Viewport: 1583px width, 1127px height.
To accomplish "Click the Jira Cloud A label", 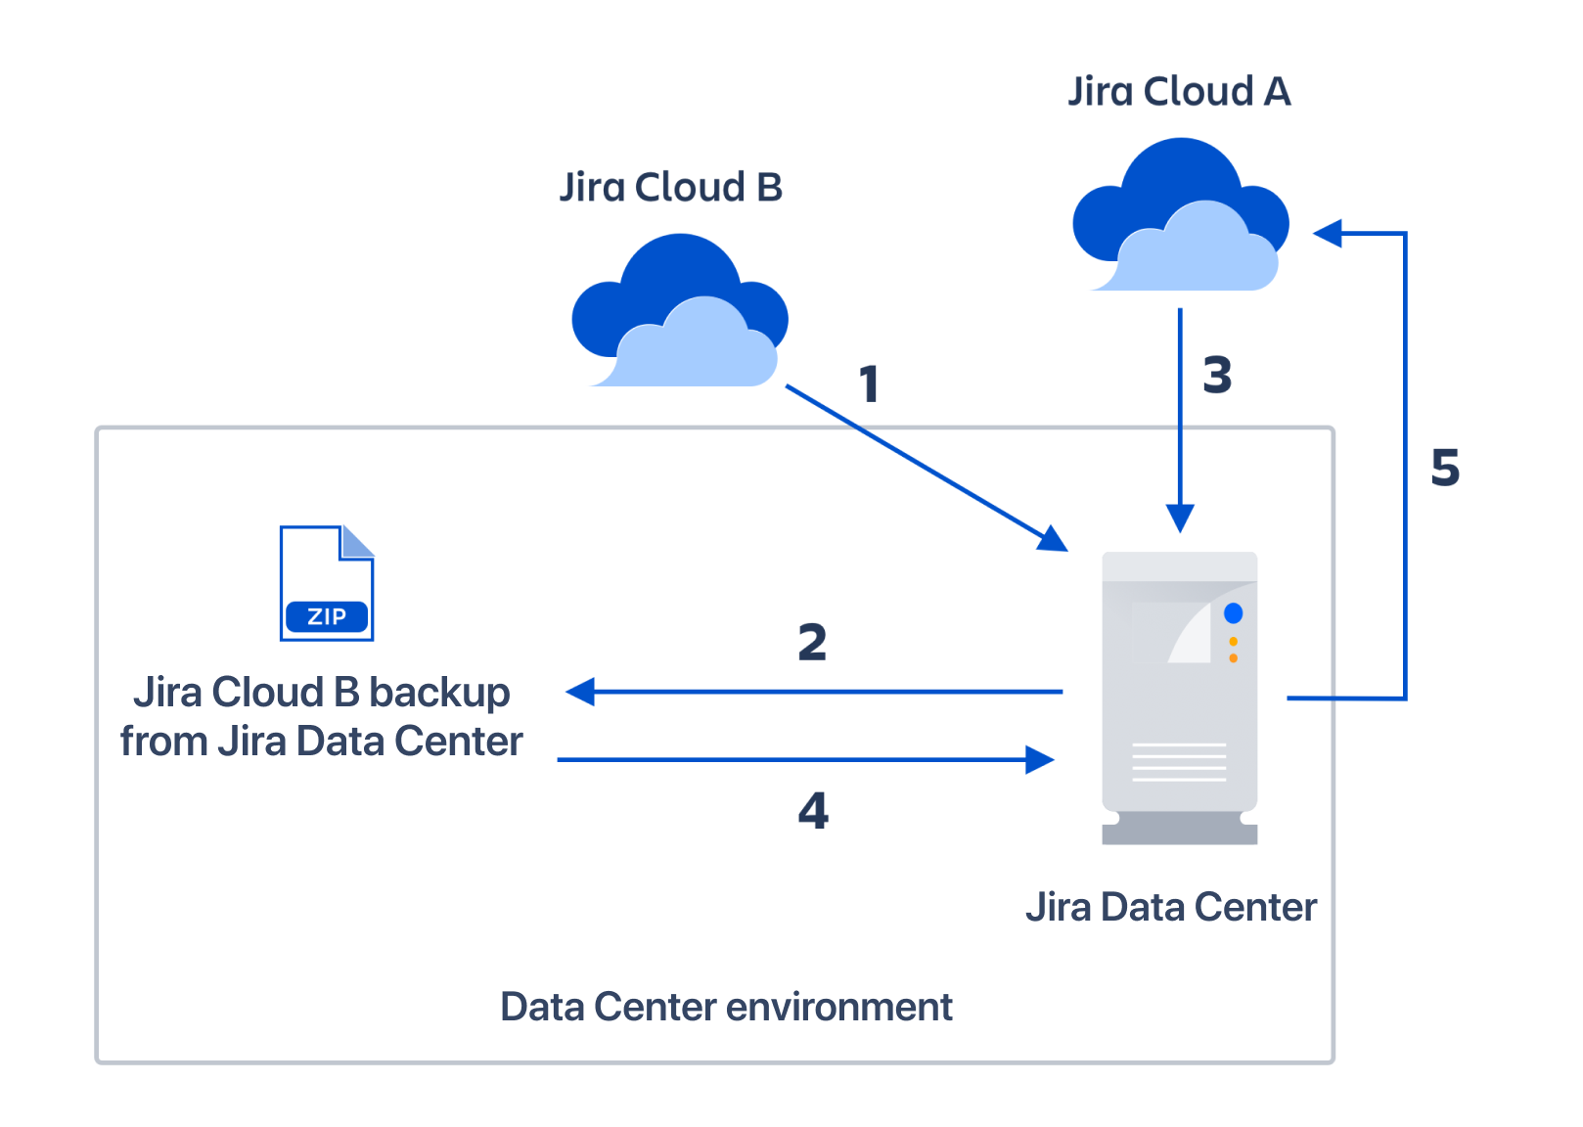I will (x=1179, y=92).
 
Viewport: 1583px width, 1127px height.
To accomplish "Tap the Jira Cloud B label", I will (x=671, y=188).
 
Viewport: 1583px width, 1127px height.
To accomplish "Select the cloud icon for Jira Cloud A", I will (x=1181, y=217).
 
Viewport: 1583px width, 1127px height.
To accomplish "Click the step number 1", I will (x=869, y=383).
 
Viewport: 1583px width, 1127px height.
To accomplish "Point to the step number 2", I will (x=812, y=643).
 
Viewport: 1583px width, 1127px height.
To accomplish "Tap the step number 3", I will (x=1217, y=376).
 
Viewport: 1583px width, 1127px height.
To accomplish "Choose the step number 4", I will (x=813, y=810).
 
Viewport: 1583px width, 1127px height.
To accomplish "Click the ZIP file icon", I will (x=327, y=584).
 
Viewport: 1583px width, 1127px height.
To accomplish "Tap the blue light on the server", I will (x=1233, y=613).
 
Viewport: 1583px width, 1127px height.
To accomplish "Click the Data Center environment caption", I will (x=726, y=1007).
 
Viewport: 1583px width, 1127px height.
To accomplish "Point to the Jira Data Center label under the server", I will (x=1171, y=908).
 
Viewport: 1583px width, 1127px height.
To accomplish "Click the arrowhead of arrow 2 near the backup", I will (x=580, y=692).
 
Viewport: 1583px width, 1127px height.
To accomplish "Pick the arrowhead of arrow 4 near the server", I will (x=1040, y=759).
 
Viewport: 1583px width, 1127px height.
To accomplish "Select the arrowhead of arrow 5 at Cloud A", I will (x=1328, y=234).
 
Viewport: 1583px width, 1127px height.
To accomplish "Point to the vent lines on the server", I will (x=1179, y=762).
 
